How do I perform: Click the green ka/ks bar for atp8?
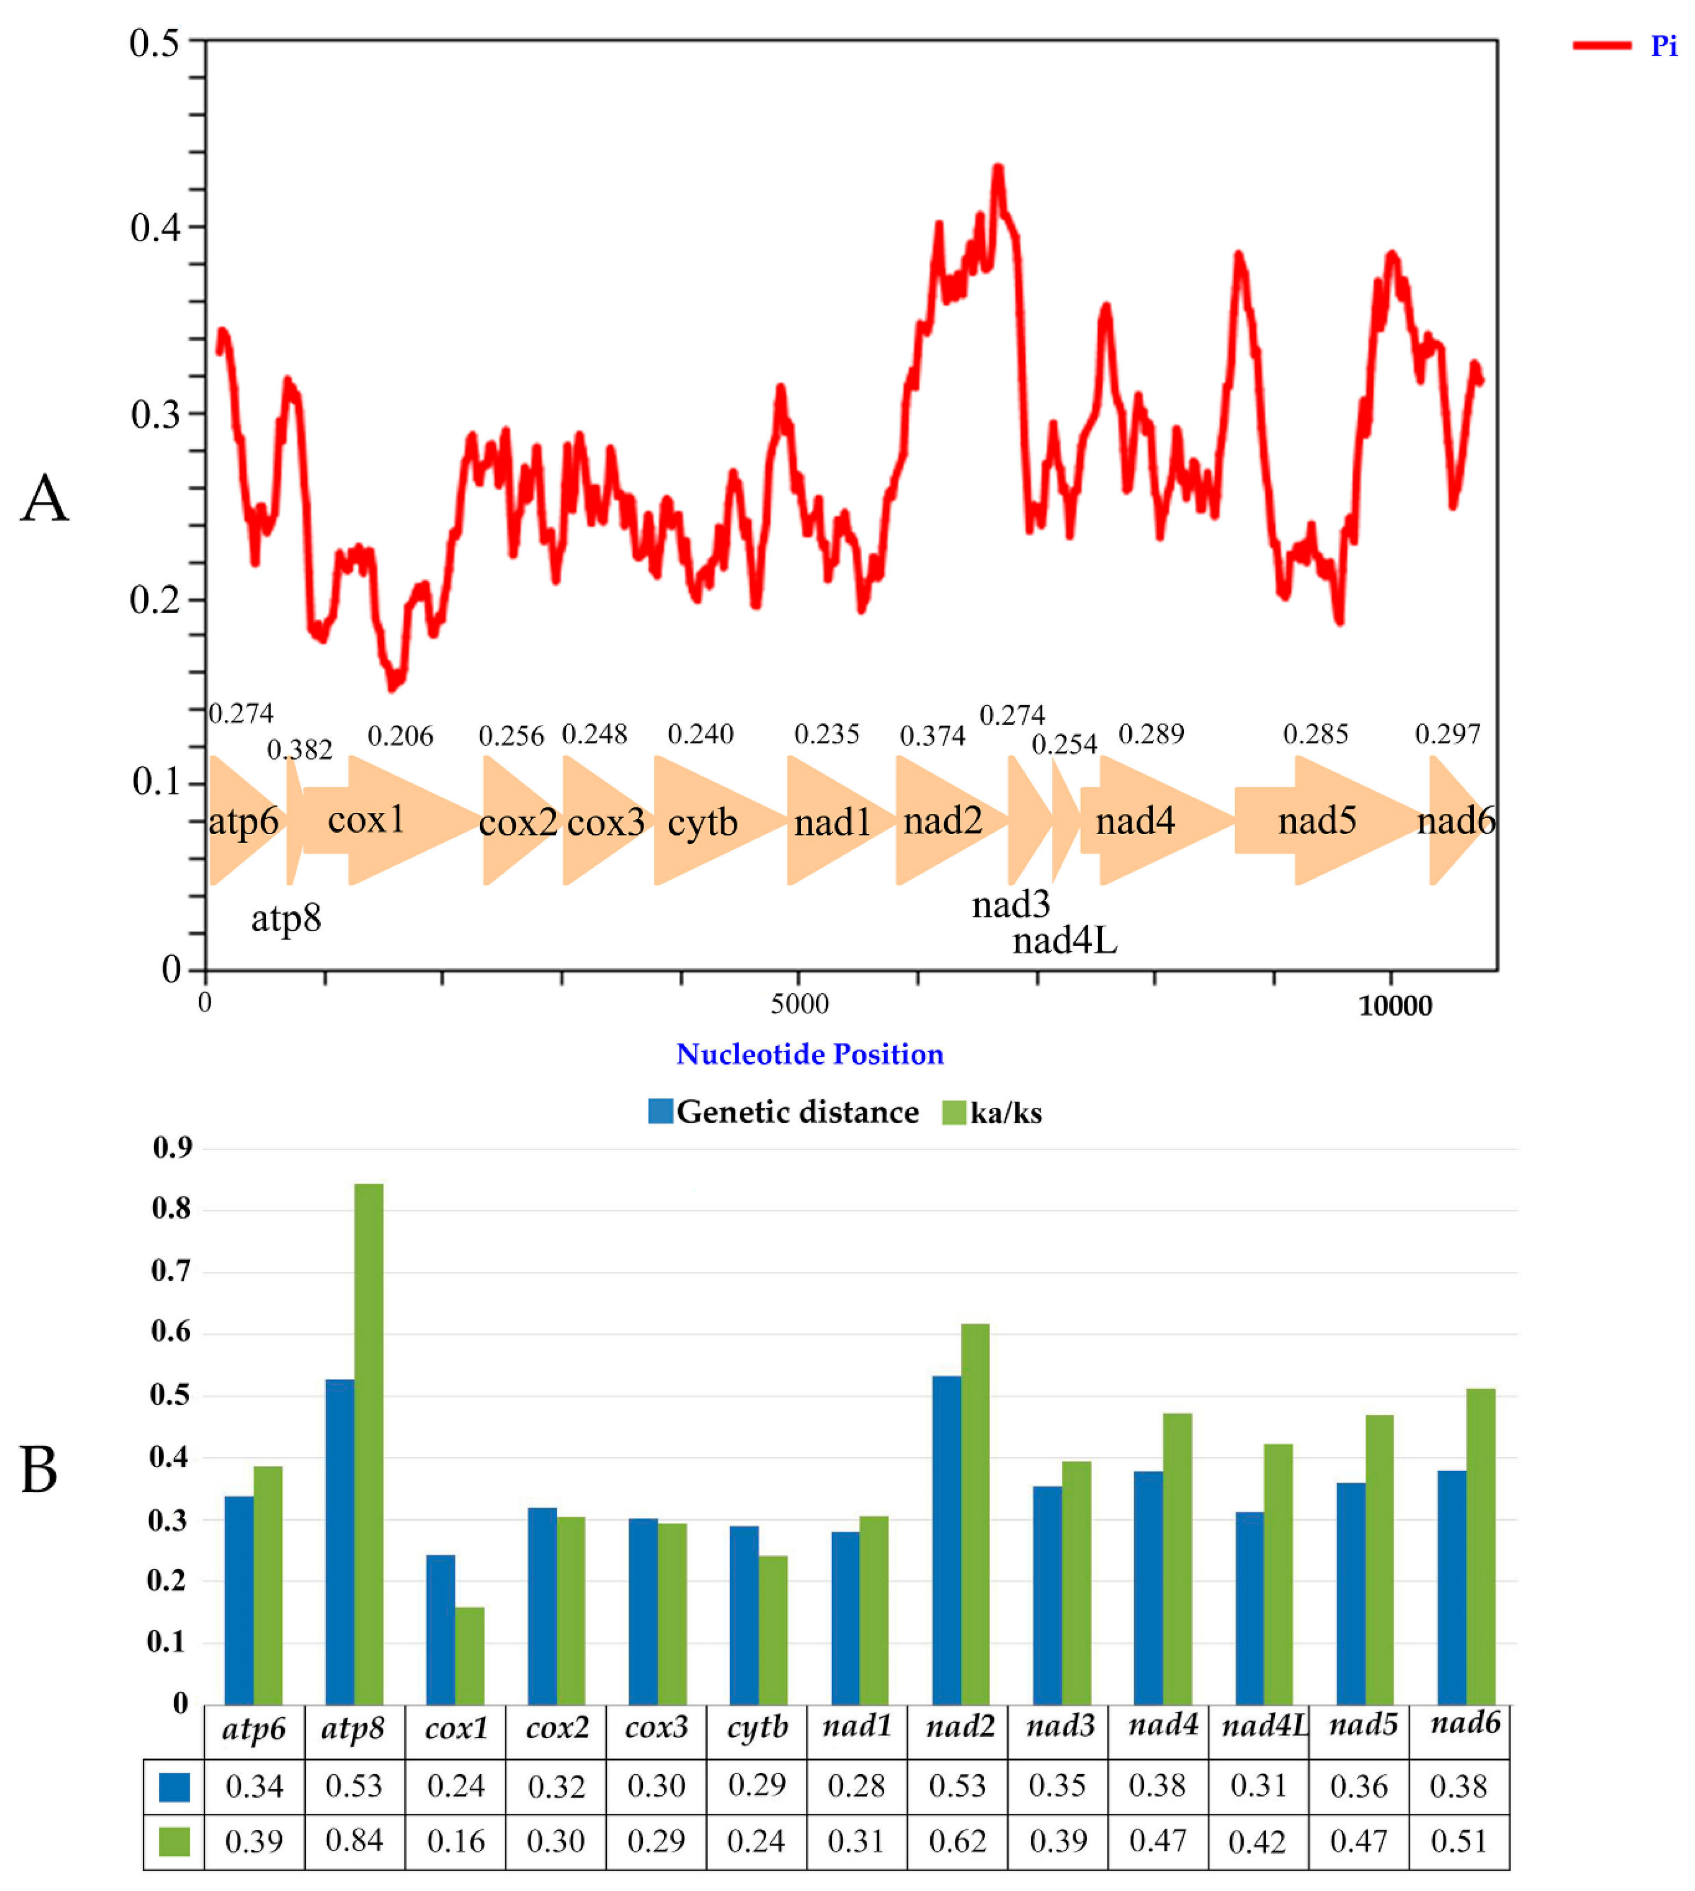[369, 1443]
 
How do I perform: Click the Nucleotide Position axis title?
[809, 1054]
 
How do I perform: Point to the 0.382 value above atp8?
[300, 749]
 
